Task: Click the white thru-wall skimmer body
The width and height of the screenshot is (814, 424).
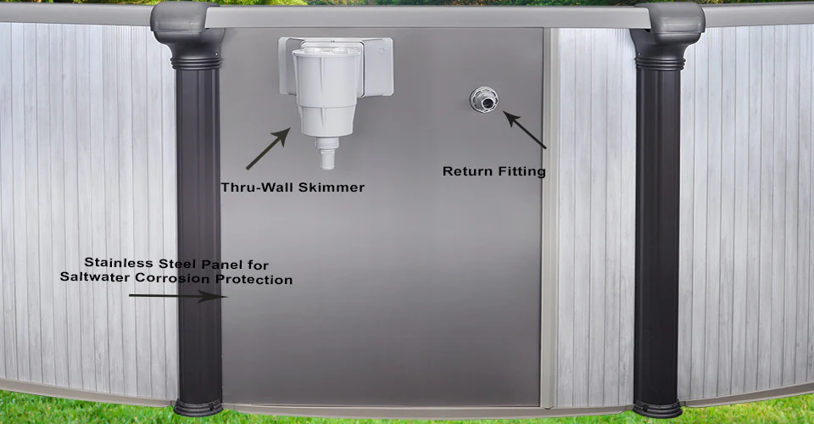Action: (326, 92)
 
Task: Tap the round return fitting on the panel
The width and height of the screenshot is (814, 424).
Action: (484, 100)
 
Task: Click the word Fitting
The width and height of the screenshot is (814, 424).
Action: (521, 171)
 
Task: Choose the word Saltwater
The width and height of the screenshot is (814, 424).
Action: (94, 276)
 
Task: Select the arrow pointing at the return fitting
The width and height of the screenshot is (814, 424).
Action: (524, 130)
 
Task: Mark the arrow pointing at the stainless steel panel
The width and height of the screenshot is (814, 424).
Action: (178, 296)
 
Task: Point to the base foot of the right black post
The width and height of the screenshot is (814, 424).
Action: (657, 409)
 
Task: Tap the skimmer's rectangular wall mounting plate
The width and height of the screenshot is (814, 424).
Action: (336, 66)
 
